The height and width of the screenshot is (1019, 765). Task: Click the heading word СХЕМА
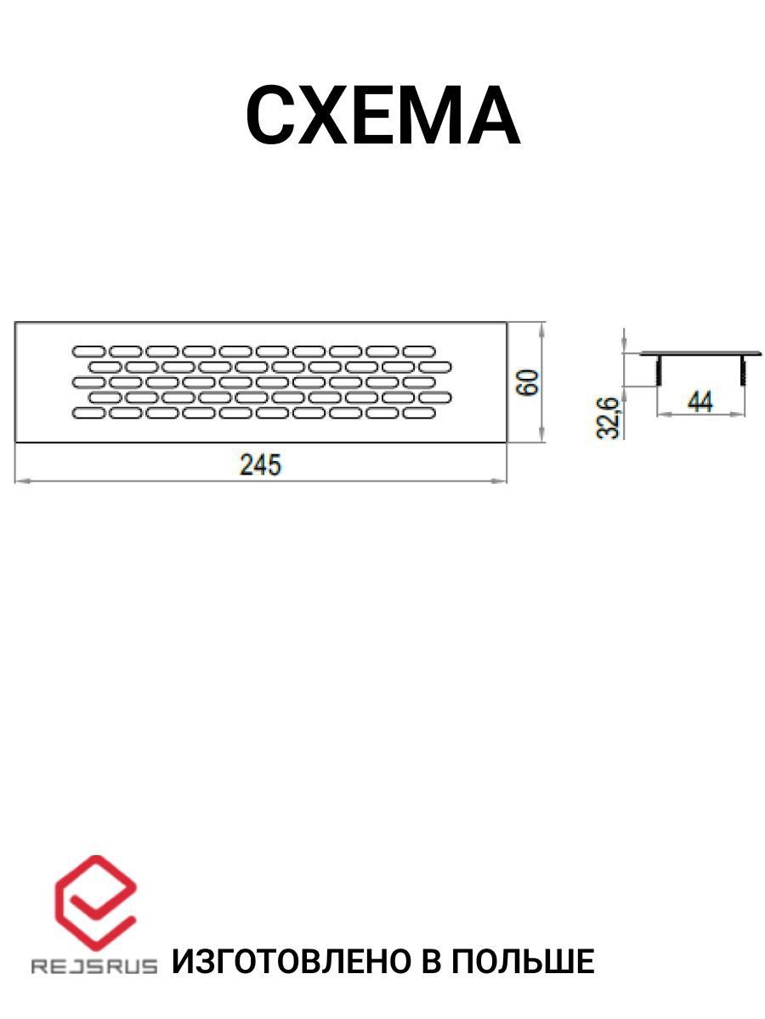(x=382, y=115)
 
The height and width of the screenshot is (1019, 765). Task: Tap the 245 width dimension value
(x=260, y=464)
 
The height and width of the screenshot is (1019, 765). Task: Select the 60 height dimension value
(x=528, y=382)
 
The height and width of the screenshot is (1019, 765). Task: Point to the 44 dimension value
(x=700, y=402)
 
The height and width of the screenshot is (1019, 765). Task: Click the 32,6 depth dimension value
(x=607, y=417)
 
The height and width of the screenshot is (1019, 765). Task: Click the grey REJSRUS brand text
(x=94, y=966)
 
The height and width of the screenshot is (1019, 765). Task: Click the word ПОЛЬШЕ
(x=524, y=962)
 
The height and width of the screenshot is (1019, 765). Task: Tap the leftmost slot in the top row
(x=88, y=352)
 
